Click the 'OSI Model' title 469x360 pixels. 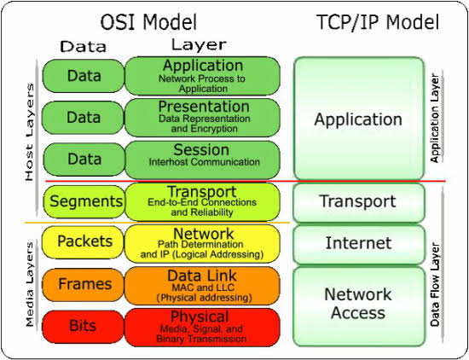(x=148, y=22)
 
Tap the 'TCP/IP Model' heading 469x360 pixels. (x=378, y=22)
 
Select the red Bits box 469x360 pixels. (x=83, y=326)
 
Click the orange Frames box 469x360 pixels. (x=83, y=284)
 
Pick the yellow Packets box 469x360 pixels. (x=83, y=241)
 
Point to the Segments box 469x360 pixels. (x=84, y=201)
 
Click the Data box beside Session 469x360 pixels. (x=84, y=159)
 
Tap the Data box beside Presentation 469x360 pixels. (x=83, y=118)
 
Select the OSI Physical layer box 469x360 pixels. (x=202, y=328)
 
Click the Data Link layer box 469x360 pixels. (x=202, y=286)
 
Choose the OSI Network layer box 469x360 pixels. (x=202, y=244)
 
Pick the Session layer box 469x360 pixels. (x=202, y=160)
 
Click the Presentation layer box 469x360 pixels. (x=202, y=118)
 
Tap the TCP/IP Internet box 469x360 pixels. (x=359, y=245)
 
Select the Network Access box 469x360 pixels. (x=359, y=306)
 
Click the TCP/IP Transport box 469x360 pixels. (x=359, y=202)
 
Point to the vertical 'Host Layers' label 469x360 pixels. (x=29, y=132)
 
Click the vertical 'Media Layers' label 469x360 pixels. (x=29, y=284)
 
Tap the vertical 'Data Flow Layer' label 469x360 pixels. (x=435, y=284)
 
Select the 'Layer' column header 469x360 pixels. (x=199, y=45)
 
